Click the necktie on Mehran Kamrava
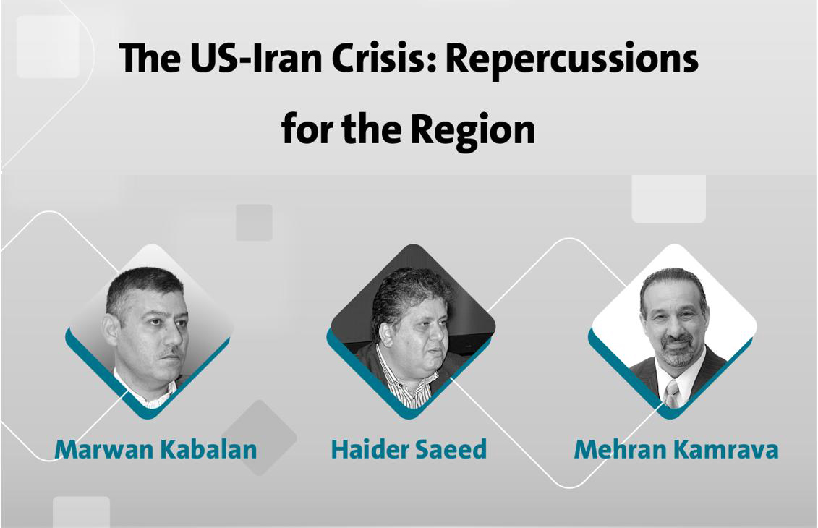click(x=671, y=393)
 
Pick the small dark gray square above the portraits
click(x=254, y=222)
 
